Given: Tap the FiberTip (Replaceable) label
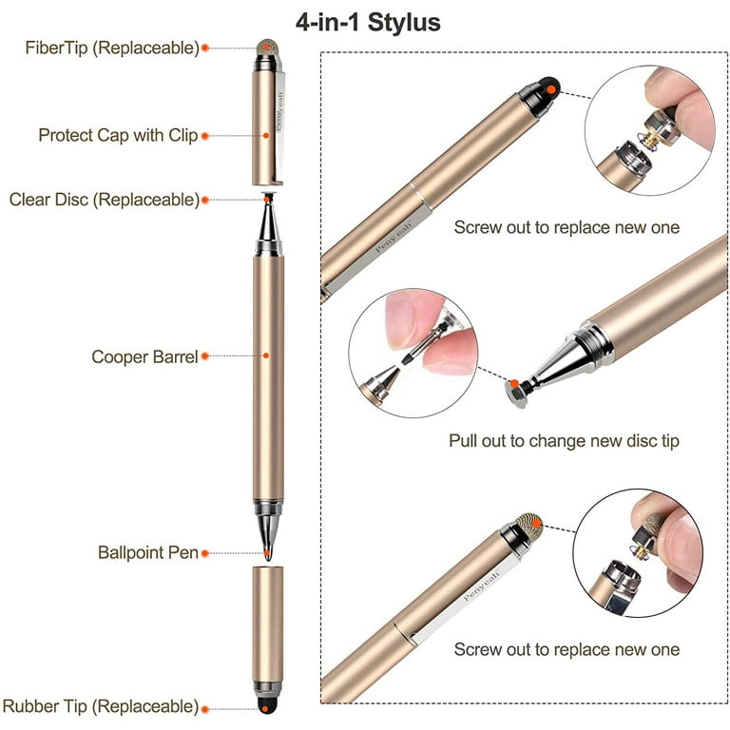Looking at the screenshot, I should point(112,48).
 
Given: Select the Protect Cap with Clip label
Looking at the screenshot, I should point(118,135).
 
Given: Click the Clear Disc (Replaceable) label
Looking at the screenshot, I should point(105,200).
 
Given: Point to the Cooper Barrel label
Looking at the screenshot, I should point(144,357).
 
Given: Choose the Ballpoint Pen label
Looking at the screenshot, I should point(148,552).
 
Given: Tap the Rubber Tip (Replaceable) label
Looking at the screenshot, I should point(101,706).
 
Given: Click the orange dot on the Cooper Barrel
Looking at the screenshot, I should point(266,357).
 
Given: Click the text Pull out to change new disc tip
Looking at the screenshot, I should point(564,441).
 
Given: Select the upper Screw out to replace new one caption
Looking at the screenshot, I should point(567,227).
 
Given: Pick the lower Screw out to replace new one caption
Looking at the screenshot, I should point(567,649).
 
